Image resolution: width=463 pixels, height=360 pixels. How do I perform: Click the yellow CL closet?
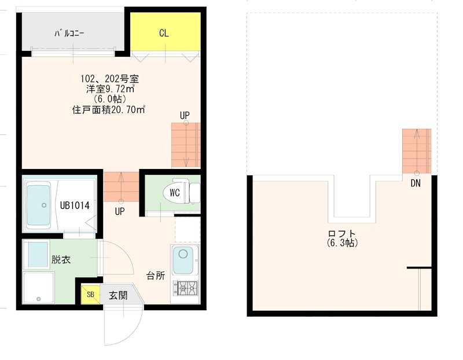[x=164, y=34]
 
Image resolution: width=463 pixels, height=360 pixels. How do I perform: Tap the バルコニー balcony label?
[x=69, y=34]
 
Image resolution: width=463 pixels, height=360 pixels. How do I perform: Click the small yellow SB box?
[x=90, y=294]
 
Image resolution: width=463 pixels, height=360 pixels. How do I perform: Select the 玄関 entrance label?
[x=118, y=295]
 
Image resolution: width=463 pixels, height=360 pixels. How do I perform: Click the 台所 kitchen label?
[x=155, y=275]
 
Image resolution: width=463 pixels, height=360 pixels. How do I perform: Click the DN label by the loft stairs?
[x=416, y=184]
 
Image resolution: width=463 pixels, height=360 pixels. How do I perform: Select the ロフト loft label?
[x=341, y=234]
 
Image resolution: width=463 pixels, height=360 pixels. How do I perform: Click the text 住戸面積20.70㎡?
[x=108, y=109]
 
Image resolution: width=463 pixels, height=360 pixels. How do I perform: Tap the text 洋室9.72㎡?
[x=109, y=89]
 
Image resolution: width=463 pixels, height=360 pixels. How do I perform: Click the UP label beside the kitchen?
[x=119, y=211]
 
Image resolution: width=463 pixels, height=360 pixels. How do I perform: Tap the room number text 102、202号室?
[x=109, y=79]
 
